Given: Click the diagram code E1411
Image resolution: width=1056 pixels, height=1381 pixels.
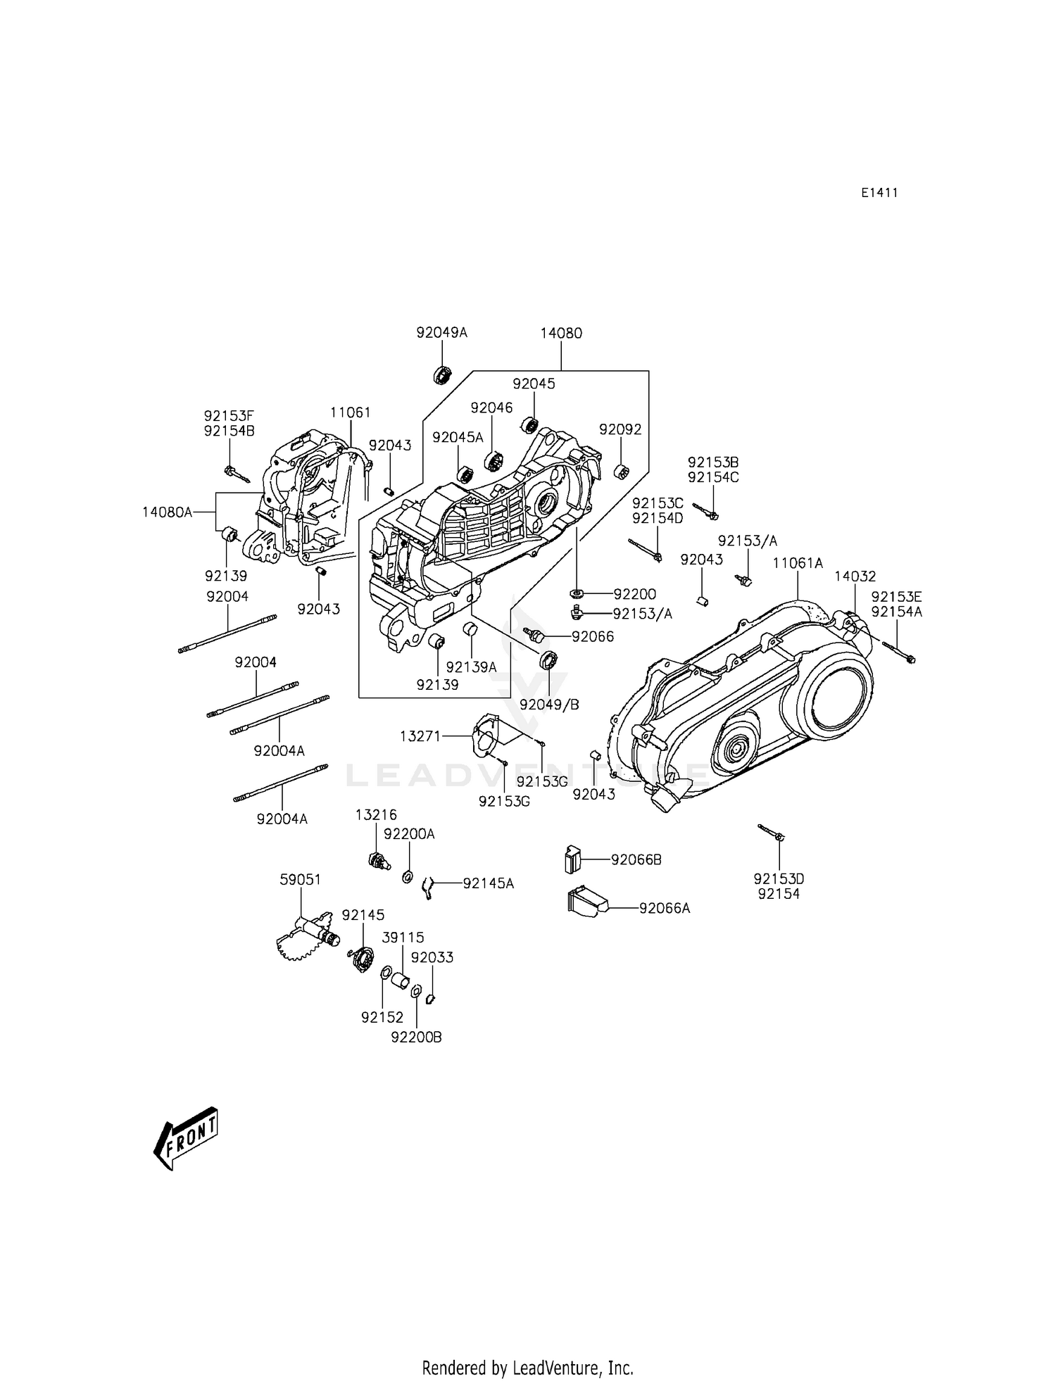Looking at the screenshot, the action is pyautogui.click(x=879, y=193).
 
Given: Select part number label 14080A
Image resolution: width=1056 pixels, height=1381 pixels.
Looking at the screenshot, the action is pyautogui.click(x=167, y=512).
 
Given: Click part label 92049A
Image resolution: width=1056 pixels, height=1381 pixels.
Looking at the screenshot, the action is pyautogui.click(x=441, y=332).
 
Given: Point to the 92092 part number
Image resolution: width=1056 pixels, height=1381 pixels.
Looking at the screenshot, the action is pyautogui.click(x=620, y=429).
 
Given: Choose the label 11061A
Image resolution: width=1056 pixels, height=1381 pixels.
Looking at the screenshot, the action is pyautogui.click(x=798, y=563).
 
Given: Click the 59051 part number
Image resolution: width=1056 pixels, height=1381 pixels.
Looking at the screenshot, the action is pyautogui.click(x=300, y=879).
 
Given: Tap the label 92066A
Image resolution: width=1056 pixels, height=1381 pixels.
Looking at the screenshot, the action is pyautogui.click(x=665, y=908).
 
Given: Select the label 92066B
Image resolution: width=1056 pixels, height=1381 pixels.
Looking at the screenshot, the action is pyautogui.click(x=636, y=860).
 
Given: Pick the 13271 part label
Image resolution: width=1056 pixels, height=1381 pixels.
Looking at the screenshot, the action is pyautogui.click(x=420, y=736).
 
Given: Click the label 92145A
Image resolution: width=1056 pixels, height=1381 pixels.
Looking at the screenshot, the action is pyautogui.click(x=489, y=883).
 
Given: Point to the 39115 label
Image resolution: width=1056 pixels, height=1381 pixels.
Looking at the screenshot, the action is pyautogui.click(x=403, y=938).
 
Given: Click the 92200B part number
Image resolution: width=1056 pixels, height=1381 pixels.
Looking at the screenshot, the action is pyautogui.click(x=417, y=1038).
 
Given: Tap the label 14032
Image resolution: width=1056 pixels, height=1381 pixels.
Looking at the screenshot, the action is pyautogui.click(x=855, y=576).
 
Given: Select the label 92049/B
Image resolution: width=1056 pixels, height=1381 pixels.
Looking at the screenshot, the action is pyautogui.click(x=549, y=704).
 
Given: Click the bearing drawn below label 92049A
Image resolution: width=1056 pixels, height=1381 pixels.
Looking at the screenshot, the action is pyautogui.click(x=442, y=375).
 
